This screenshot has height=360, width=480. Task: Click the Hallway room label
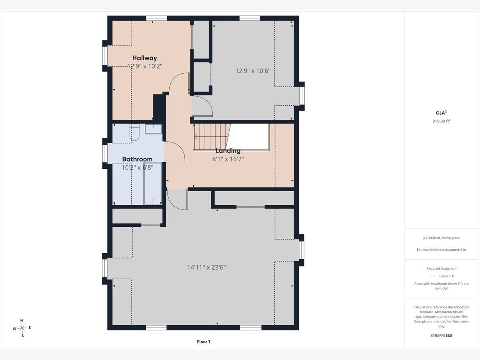pyautogui.click(x=144, y=58)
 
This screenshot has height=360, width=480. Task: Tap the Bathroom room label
pyautogui.click(x=137, y=159)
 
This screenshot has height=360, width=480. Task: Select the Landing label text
pyautogui.click(x=228, y=151)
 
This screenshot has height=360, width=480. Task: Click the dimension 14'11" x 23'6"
pyautogui.click(x=206, y=267)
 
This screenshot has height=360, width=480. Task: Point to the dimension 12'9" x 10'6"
pyautogui.click(x=253, y=71)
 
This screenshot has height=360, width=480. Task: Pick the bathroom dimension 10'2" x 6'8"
pyautogui.click(x=137, y=168)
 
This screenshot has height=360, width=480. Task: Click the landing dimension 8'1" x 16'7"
pyautogui.click(x=228, y=159)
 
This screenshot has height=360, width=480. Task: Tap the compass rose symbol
pyautogui.click(x=22, y=328)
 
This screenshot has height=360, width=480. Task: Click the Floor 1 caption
pyautogui.click(x=203, y=342)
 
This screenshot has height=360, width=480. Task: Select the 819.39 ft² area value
pyautogui.click(x=441, y=121)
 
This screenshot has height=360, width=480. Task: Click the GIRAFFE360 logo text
pyautogui.click(x=441, y=336)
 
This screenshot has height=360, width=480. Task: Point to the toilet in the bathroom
pyautogui.click(x=134, y=132)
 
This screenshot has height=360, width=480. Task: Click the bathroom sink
pyautogui.click(x=154, y=129)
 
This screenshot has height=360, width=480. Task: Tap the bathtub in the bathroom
pyautogui.click(x=153, y=184)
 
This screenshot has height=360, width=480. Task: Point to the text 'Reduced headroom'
pyautogui.click(x=441, y=269)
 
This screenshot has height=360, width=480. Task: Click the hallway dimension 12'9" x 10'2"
pyautogui.click(x=145, y=66)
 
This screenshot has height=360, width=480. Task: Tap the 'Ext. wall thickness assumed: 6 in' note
pyautogui.click(x=441, y=250)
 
